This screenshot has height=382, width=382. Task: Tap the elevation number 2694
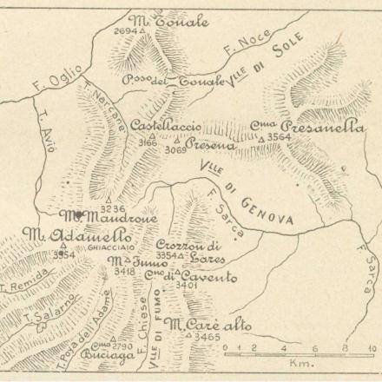pos(125,30)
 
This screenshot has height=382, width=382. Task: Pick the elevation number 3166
pos(147,141)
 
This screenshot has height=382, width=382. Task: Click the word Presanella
pos(321,126)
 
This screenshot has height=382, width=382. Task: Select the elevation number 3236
pos(113,208)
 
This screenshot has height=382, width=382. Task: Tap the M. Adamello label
pos(77,235)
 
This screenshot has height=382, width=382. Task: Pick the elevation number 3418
pos(124,272)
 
